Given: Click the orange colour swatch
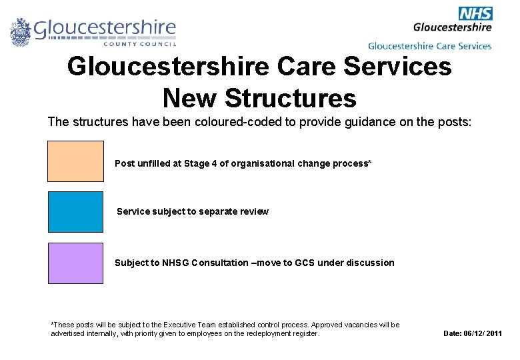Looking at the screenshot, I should (x=75, y=161).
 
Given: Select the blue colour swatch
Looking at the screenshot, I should (x=75, y=212).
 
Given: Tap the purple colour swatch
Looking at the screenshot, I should (x=75, y=263).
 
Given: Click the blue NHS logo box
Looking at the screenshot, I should (x=475, y=13).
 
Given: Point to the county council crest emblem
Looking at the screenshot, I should (x=21, y=31).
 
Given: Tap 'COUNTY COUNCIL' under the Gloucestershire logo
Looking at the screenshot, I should (x=140, y=45).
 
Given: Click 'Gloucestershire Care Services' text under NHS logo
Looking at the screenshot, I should (x=429, y=46).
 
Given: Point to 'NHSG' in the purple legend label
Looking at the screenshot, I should (x=175, y=263).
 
